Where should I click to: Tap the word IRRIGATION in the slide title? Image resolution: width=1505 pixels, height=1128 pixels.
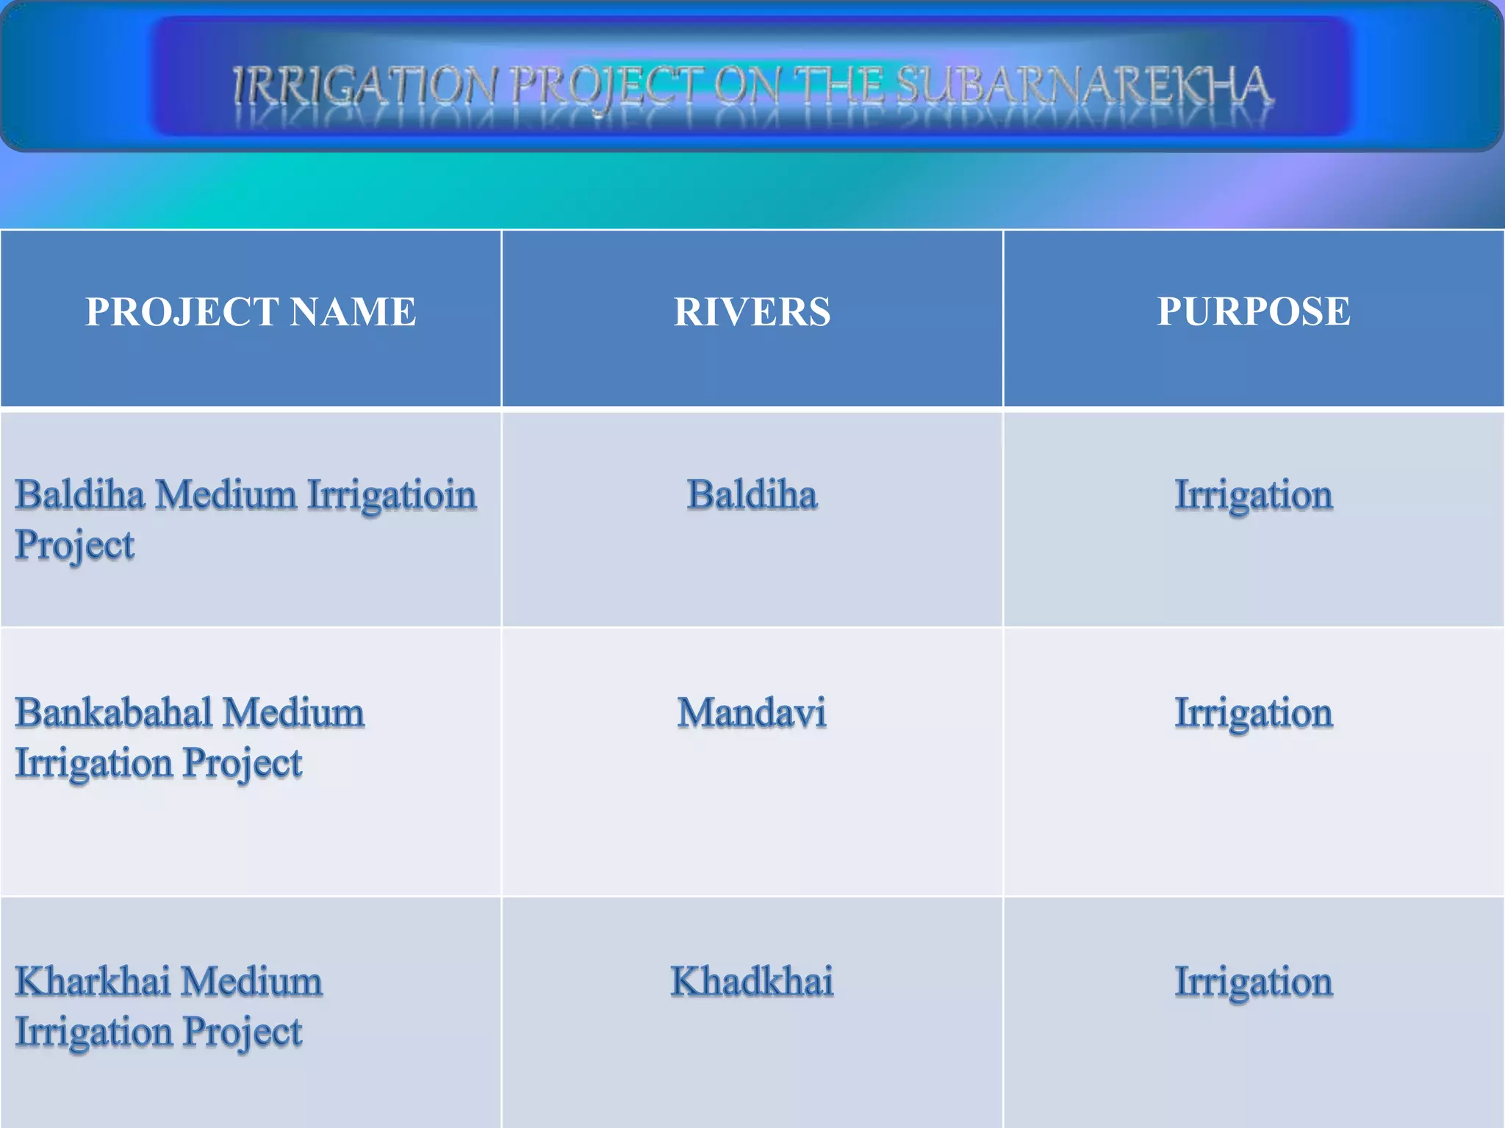click(x=365, y=87)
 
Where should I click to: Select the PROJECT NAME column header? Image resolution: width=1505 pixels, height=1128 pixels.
click(x=251, y=311)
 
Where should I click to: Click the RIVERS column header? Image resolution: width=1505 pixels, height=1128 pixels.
click(x=752, y=311)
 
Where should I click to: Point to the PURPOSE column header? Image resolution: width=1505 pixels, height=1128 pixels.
click(x=1253, y=311)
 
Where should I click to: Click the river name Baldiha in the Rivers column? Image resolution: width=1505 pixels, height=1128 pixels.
click(x=752, y=494)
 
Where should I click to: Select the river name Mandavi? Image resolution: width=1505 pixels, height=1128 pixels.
click(x=752, y=713)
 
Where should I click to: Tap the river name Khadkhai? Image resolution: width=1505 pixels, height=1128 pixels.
click(x=752, y=982)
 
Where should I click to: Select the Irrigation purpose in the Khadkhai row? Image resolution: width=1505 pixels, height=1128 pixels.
click(x=1253, y=983)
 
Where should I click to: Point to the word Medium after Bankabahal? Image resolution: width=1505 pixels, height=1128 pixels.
click(x=293, y=713)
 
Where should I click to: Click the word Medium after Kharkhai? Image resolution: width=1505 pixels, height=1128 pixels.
click(x=251, y=982)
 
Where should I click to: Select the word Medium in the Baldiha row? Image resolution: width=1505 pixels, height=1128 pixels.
click(x=226, y=494)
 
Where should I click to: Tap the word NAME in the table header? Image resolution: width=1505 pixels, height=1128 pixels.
click(x=353, y=311)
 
